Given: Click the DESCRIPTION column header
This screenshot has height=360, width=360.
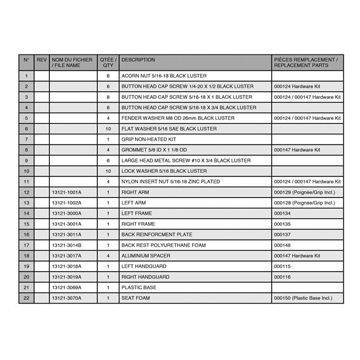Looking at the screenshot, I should tap(138, 60).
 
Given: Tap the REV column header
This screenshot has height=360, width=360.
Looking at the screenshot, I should tap(41, 60).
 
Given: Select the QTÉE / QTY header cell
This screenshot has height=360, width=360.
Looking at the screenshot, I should tap(108, 63).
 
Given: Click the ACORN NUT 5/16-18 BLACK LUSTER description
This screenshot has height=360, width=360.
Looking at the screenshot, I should tap(164, 76).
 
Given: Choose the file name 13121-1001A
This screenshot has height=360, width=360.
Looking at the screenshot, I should tap(66, 192).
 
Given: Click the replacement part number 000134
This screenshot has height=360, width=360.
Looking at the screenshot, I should tap(282, 213).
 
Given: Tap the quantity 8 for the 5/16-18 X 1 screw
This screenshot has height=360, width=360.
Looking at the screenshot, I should tap(108, 97).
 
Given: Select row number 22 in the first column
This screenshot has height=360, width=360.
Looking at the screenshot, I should tap(26, 298).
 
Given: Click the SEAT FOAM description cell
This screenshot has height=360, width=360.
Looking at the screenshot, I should tap(136, 298).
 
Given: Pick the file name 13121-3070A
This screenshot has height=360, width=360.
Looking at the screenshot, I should tap(66, 298).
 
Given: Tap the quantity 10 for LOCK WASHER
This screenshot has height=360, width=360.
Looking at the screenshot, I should tap(108, 171).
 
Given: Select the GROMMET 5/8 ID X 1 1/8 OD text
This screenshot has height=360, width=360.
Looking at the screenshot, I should tap(154, 150).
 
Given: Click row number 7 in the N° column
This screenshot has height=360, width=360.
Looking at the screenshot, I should tap(26, 139).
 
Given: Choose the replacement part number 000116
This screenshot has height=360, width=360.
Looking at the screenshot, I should tap(282, 277).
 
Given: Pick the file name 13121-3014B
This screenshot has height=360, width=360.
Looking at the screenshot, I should tap(66, 245).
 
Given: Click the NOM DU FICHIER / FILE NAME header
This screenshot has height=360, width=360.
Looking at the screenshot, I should tap(72, 63).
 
